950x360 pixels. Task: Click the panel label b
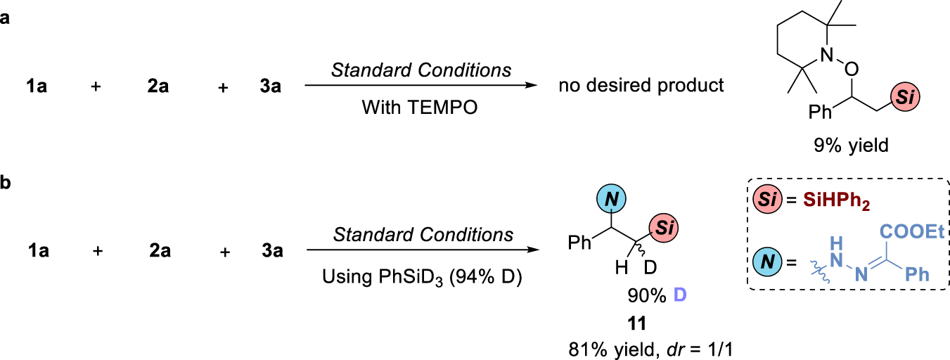click(6, 184)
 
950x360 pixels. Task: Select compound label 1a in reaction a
click(37, 87)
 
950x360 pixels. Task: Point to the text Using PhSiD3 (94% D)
click(421, 274)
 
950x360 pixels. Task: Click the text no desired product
click(641, 86)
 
